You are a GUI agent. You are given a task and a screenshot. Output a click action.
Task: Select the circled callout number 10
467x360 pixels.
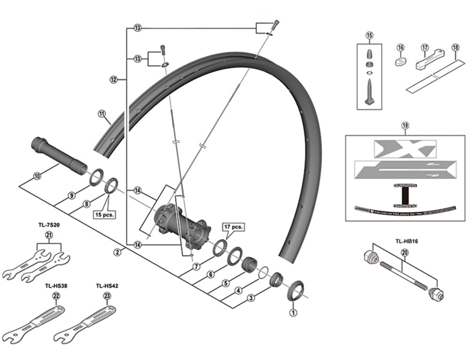(37, 176)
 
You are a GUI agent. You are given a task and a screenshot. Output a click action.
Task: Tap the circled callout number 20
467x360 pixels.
(405, 253)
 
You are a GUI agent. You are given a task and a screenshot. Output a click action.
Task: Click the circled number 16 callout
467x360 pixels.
(400, 48)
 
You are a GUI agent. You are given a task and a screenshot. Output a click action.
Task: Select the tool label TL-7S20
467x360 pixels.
(48, 223)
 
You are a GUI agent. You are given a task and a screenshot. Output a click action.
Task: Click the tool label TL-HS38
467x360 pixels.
(56, 286)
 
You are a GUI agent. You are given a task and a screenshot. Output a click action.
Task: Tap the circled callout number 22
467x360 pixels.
(56, 296)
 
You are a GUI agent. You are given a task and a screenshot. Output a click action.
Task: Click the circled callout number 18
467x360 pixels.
(455, 48)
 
